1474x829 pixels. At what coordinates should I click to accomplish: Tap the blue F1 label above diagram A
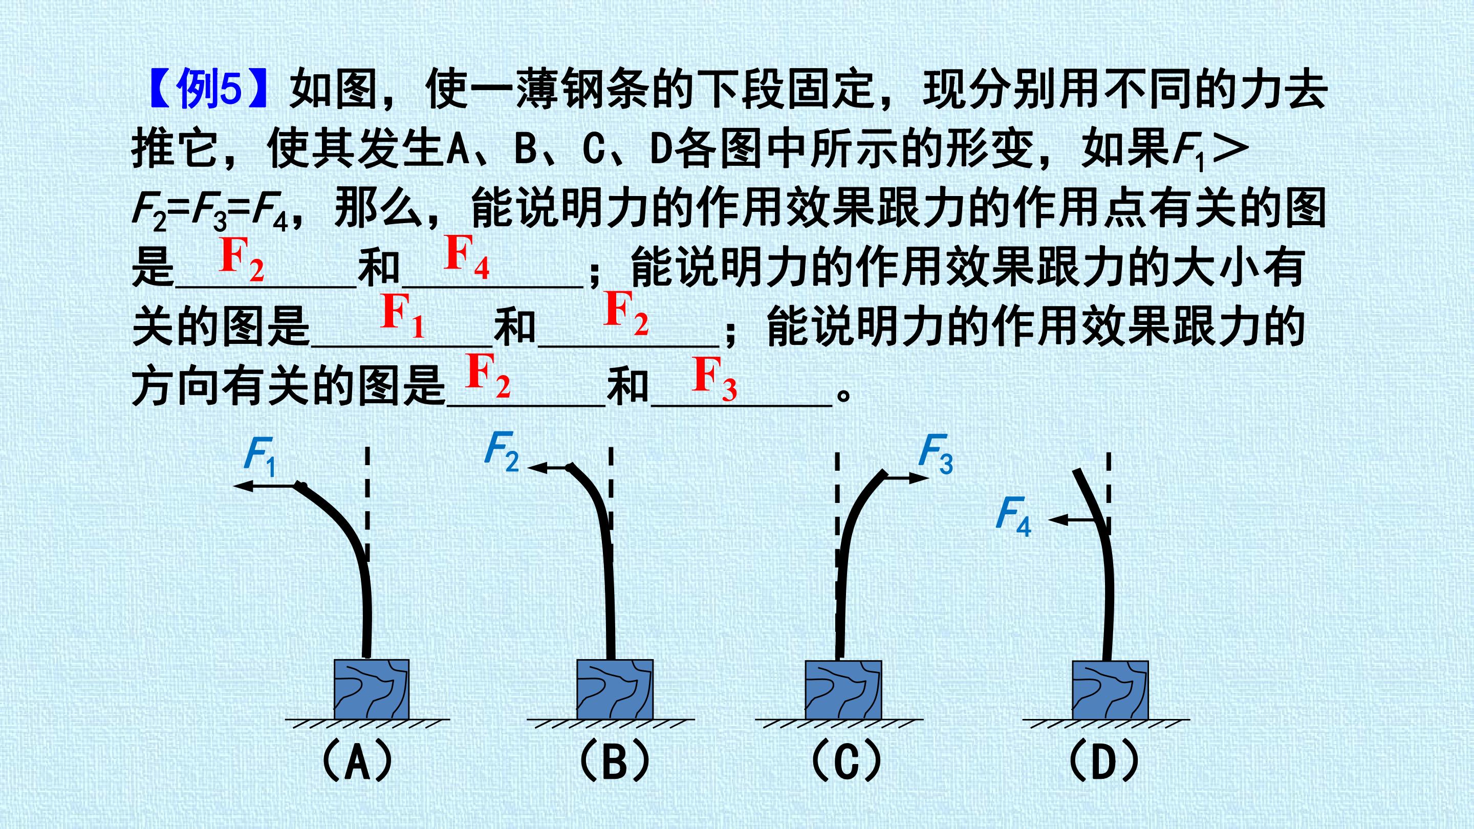(261, 457)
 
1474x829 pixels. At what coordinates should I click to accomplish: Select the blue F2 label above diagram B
(502, 451)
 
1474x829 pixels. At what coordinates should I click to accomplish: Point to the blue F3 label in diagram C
(936, 454)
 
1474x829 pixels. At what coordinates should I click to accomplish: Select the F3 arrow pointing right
(906, 476)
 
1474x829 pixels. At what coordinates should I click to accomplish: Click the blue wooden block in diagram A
(372, 689)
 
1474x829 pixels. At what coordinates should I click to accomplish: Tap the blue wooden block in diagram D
(1110, 690)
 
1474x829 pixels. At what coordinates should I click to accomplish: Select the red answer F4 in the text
(467, 257)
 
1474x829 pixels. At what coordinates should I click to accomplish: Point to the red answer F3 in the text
(714, 379)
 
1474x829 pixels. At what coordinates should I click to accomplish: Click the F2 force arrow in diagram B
(548, 469)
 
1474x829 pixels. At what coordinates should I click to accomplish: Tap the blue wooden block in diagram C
(843, 689)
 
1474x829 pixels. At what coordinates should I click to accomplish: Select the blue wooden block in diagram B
(615, 689)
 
